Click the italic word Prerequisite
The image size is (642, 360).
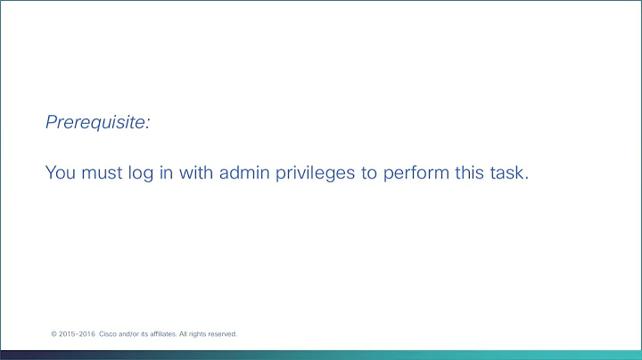click(97, 123)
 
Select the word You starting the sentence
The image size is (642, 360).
click(62, 173)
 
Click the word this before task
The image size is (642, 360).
click(471, 173)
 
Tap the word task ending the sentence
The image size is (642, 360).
click(512, 173)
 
